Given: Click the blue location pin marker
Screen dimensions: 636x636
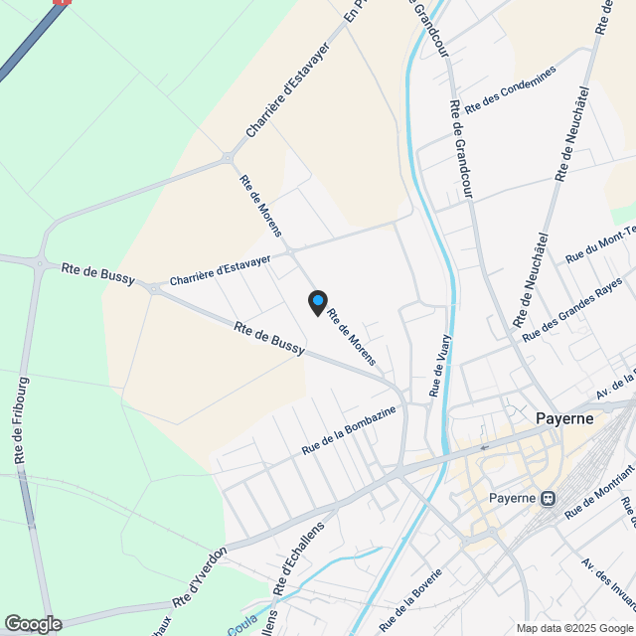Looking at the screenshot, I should (317, 302).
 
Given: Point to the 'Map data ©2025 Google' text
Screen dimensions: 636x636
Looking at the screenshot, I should (574, 628).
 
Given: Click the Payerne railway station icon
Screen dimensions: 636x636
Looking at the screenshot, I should (547, 498).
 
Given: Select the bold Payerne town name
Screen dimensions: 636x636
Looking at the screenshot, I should (564, 418).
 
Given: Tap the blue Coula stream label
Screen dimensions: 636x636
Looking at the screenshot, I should (242, 628).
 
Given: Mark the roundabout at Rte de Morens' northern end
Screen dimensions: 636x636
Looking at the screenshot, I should (229, 157).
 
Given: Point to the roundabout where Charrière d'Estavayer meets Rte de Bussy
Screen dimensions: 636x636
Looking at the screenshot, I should (155, 288).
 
